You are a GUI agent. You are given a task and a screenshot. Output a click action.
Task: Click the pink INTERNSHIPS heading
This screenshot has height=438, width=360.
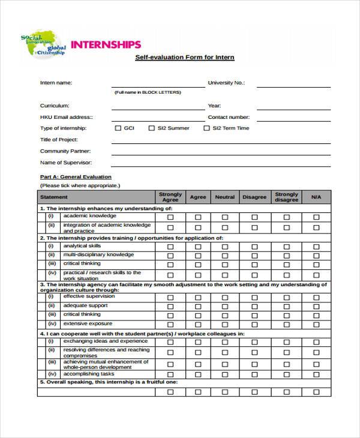pyautogui.click(x=106, y=44)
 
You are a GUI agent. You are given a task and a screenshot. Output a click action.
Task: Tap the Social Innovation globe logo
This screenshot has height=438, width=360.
pyautogui.click(x=44, y=46)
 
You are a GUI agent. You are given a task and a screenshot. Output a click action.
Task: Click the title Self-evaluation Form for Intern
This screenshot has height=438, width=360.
pyautogui.click(x=184, y=58)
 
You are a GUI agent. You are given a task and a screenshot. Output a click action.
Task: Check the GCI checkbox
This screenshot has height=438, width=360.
pyautogui.click(x=118, y=128)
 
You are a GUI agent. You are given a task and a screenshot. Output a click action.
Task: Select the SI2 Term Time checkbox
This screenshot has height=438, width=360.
pyautogui.click(x=206, y=128)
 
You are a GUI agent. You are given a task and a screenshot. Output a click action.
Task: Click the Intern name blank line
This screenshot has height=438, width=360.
pyautogui.click(x=158, y=86)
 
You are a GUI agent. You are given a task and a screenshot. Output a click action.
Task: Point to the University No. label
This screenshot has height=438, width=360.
pyautogui.click(x=226, y=83)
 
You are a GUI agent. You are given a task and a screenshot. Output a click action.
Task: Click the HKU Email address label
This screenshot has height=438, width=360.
pyautogui.click(x=66, y=117)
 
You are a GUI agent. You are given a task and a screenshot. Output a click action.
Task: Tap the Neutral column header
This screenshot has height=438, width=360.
pyautogui.click(x=225, y=197)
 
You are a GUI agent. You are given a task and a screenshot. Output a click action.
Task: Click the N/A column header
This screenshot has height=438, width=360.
pyautogui.click(x=316, y=197)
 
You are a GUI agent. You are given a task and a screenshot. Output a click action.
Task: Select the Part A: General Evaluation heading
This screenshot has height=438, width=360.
pyautogui.click(x=76, y=177)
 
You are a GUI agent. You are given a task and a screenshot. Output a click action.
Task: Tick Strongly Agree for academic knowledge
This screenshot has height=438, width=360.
pyautogui.click(x=170, y=217)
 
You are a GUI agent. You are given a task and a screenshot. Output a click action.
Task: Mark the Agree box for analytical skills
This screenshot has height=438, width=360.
pyautogui.click(x=197, y=246)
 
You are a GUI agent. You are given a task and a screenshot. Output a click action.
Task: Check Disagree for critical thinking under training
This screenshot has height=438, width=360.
pyautogui.click(x=254, y=263)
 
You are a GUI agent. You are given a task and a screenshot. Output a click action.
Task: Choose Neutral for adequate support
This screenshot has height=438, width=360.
pyautogui.click(x=225, y=305)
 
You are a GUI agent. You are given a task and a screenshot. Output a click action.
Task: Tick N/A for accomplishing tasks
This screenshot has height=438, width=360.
pyautogui.click(x=316, y=373)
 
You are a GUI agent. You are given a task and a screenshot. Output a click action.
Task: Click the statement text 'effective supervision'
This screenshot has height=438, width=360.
pyautogui.click(x=89, y=296)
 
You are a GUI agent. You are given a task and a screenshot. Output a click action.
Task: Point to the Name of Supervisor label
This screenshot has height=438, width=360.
pyautogui.click(x=66, y=163)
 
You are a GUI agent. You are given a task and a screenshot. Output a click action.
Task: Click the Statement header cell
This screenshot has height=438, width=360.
pyautogui.click(x=54, y=197)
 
